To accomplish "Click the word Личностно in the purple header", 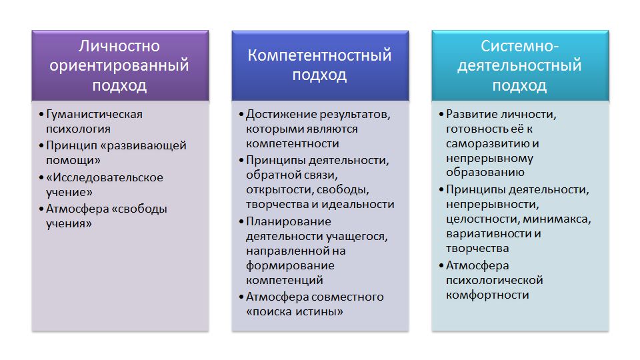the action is pyautogui.click(x=119, y=46).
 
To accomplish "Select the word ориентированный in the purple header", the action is pyautogui.click(x=119, y=66).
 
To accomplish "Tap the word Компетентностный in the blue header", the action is pyautogui.click(x=319, y=55).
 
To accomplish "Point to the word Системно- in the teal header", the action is pyautogui.click(x=519, y=46).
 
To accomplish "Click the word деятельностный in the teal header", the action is pyautogui.click(x=519, y=66).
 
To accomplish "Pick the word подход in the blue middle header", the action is pyautogui.click(x=319, y=75).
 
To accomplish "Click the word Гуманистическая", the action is pyautogui.click(x=94, y=114).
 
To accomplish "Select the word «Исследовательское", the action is pyautogui.click(x=105, y=177).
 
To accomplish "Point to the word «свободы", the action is pyautogui.click(x=139, y=209).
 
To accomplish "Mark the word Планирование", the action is pyautogui.click(x=289, y=221).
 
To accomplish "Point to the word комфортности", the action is pyautogui.click(x=488, y=295).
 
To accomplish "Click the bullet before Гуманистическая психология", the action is pyautogui.click(x=41, y=114).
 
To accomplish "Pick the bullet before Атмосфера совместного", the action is pyautogui.click(x=241, y=297).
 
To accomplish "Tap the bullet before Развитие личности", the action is pyautogui.click(x=441, y=114).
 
